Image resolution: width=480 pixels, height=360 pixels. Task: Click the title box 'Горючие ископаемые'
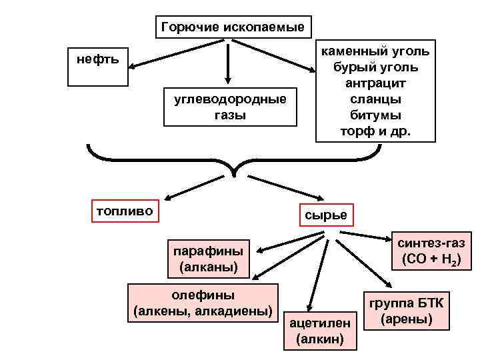232,27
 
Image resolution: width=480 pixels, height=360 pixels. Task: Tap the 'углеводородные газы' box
229,107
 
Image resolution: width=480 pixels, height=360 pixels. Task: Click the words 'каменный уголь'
375,51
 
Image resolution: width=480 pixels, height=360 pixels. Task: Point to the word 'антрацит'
375,83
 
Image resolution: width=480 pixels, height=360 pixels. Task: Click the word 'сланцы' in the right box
375,99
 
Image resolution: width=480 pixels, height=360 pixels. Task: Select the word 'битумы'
375,115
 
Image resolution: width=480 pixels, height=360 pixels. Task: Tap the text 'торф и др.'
375,131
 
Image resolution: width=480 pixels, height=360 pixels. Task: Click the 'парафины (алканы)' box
209,259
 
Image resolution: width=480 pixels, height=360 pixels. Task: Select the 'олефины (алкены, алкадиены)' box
203,303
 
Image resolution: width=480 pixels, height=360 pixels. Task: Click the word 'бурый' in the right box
351,67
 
